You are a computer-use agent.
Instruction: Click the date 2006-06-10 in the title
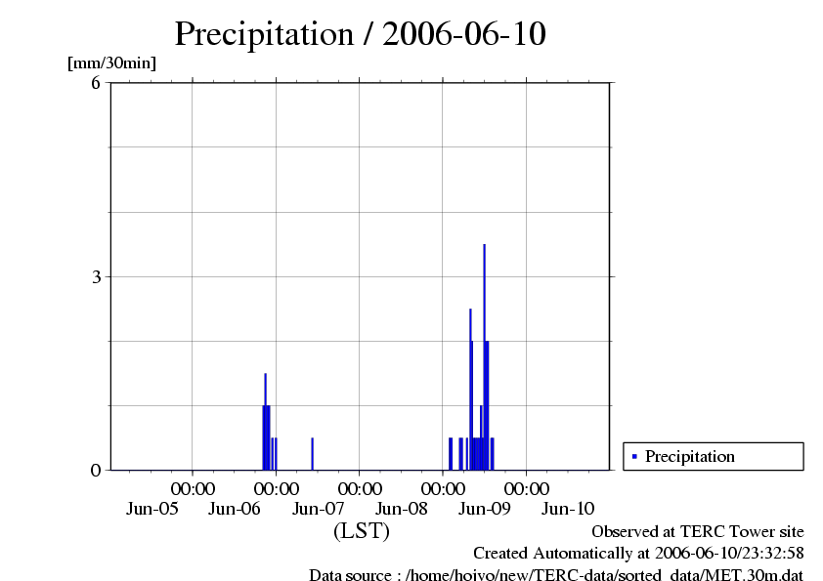(464, 34)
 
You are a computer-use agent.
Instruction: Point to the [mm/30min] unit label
(111, 63)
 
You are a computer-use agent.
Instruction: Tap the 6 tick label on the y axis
(96, 83)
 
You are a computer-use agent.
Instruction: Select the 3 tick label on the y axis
(96, 276)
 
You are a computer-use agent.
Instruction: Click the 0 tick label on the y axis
(96, 470)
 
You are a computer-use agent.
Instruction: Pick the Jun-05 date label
(152, 508)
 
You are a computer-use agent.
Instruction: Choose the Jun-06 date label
(236, 508)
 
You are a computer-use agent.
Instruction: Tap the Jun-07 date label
(319, 508)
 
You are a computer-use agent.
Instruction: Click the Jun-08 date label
(402, 508)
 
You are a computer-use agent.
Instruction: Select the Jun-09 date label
(485, 508)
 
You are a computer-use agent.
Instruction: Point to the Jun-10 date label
(568, 508)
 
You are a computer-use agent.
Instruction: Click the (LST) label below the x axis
(362, 532)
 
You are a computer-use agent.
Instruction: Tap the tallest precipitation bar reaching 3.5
(484, 352)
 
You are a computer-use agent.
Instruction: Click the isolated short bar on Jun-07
(312, 454)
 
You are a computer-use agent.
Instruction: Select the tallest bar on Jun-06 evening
(265, 420)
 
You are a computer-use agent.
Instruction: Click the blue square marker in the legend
(634, 456)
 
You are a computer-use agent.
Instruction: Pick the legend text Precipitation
(690, 456)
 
